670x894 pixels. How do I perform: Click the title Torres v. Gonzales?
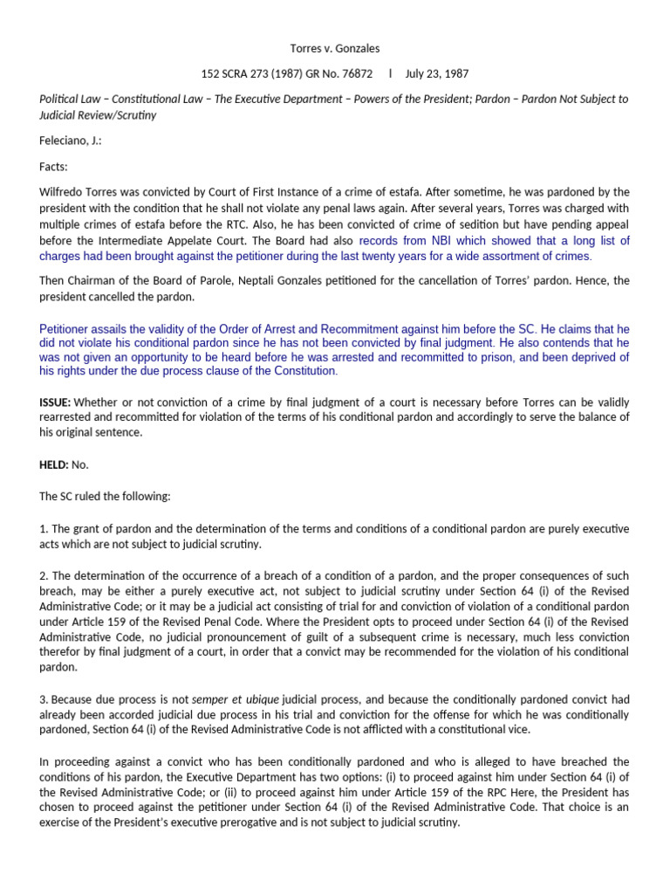coord(334,50)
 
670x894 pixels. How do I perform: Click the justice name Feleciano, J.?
coord(71,141)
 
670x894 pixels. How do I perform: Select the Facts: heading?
coord(54,166)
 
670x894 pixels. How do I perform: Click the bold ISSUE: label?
coord(55,402)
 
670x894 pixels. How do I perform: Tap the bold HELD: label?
coord(54,464)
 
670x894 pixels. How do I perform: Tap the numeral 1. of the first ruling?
coord(44,529)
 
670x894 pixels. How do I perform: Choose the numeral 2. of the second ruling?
coord(44,576)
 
